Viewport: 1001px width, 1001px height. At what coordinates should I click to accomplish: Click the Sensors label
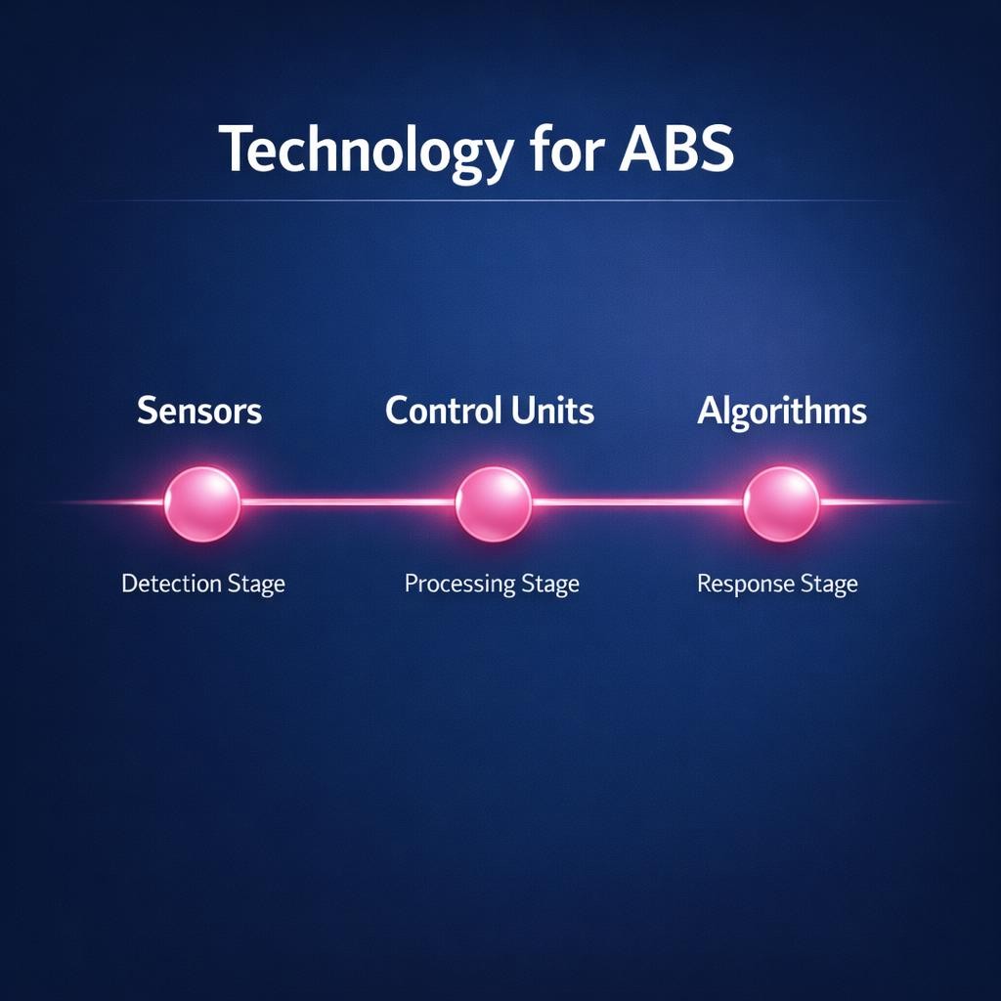pos(199,411)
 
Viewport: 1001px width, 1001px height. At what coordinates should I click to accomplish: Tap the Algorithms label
pos(781,412)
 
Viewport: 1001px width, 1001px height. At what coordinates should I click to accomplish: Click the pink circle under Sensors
pos(201,503)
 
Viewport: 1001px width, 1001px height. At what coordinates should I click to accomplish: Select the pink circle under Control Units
pos(493,503)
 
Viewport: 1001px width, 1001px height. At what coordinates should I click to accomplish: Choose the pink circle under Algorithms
pos(781,503)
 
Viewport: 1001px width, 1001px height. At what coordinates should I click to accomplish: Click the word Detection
pos(171,585)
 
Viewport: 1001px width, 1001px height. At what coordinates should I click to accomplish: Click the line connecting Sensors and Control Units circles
pos(347,502)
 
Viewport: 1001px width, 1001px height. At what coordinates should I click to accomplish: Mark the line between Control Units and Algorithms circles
pos(637,502)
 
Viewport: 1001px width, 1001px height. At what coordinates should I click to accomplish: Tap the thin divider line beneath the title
pos(489,200)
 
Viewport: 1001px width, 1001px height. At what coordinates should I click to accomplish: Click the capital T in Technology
pos(235,150)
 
